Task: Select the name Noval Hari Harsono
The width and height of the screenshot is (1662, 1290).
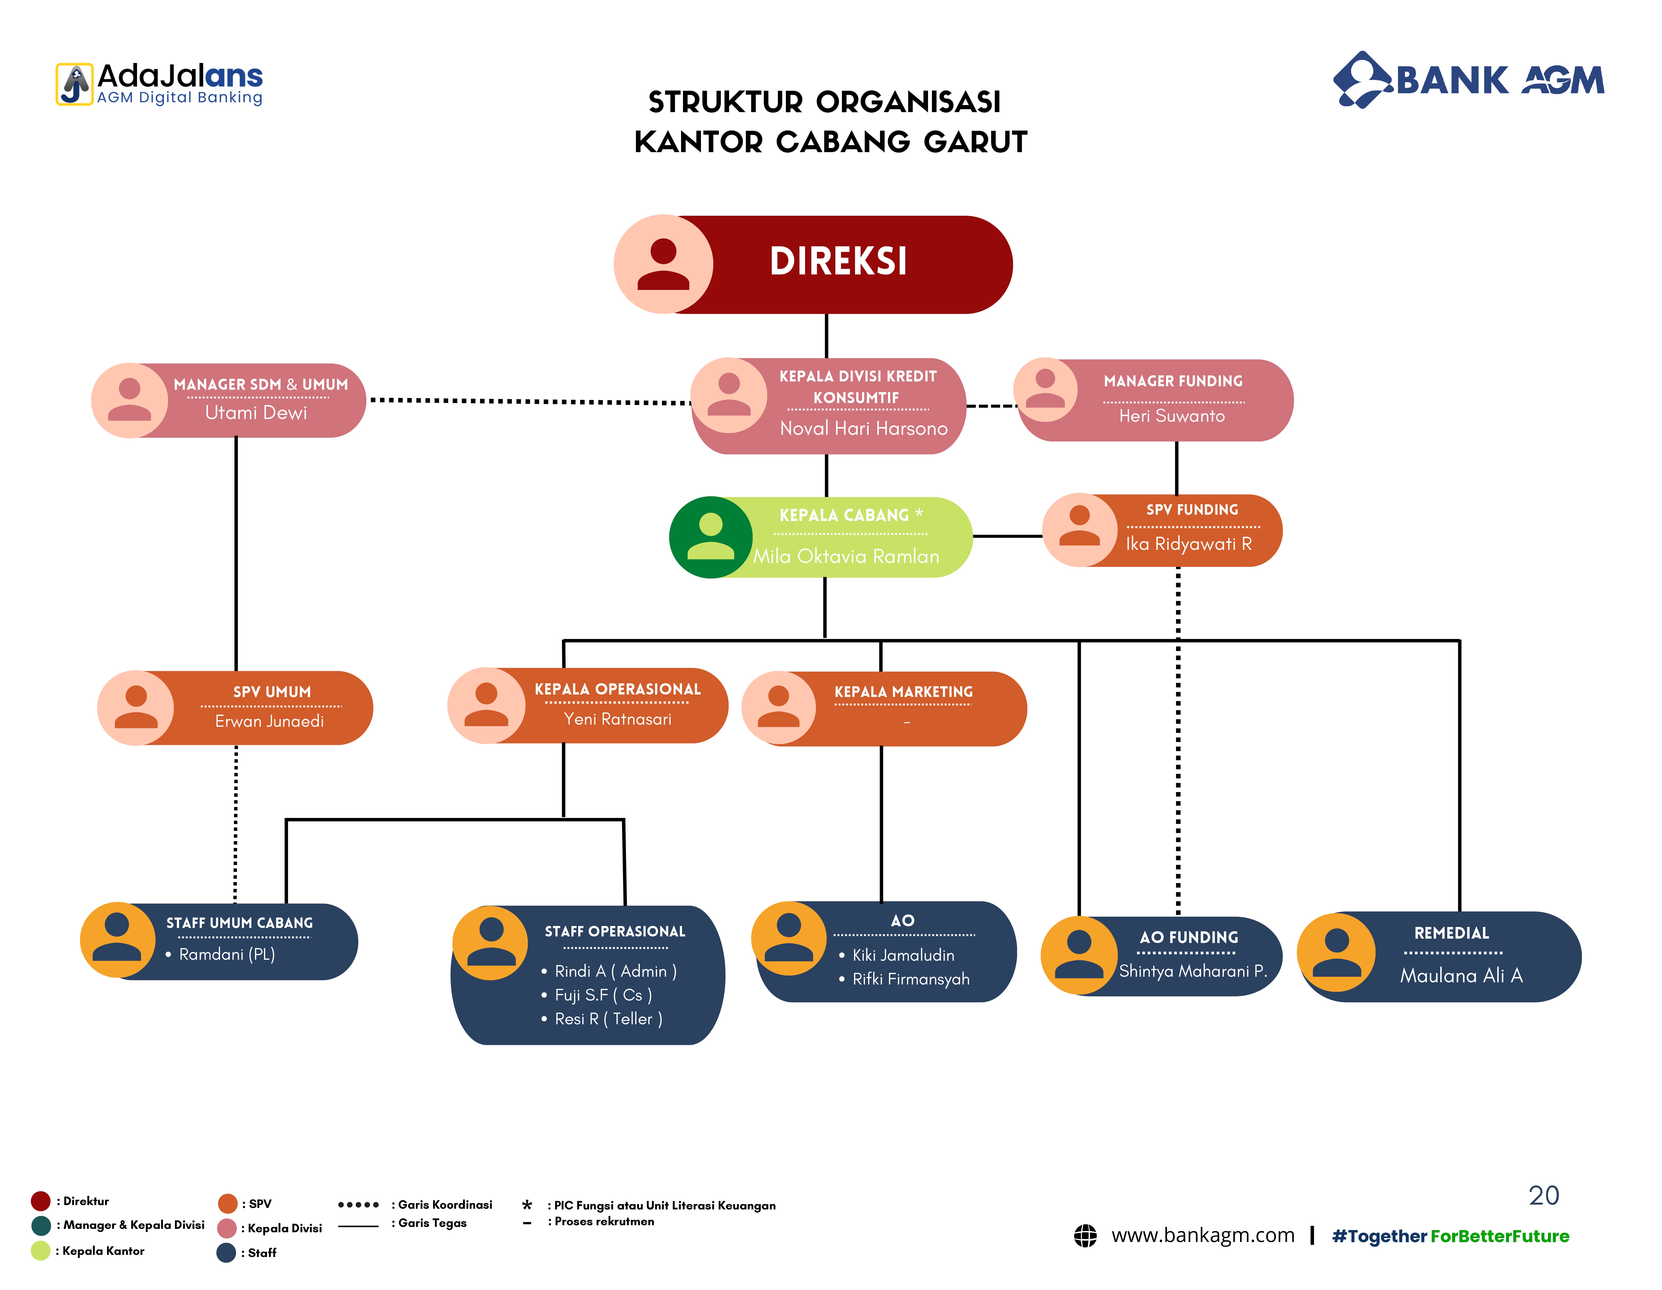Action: [x=864, y=429]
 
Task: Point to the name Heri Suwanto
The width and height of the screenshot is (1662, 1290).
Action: [x=1172, y=415]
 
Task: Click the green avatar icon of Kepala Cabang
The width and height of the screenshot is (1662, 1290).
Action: [x=711, y=537]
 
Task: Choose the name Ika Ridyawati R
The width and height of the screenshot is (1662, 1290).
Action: [x=1189, y=543]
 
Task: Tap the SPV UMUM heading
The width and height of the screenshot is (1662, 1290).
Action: [x=272, y=692]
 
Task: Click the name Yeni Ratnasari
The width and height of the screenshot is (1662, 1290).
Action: [x=617, y=719]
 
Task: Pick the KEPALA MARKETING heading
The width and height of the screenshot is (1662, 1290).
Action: [x=903, y=692]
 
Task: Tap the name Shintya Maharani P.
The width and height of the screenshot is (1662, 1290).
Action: [x=1193, y=971]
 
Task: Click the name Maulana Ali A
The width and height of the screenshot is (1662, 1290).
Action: [x=1461, y=976]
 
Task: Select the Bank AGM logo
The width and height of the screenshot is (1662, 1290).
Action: [x=1469, y=80]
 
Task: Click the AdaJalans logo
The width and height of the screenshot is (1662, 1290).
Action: [x=159, y=84]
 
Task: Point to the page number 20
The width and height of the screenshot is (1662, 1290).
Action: [x=1544, y=1196]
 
